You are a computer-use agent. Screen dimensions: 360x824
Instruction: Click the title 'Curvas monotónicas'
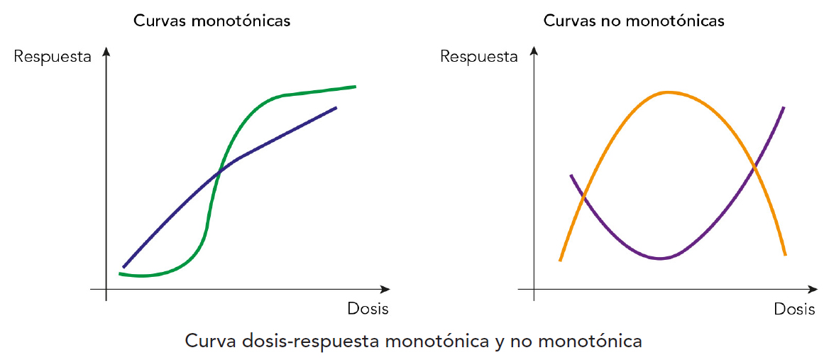tap(212, 21)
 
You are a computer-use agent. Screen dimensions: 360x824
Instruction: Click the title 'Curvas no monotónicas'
tap(634, 21)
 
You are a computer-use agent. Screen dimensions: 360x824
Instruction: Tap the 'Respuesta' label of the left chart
tap(53, 57)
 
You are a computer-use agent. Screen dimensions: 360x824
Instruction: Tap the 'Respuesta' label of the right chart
tap(479, 57)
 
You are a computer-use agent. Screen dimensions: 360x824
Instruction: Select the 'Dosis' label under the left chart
tap(368, 309)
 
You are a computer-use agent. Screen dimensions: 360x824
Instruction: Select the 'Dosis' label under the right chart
tap(794, 310)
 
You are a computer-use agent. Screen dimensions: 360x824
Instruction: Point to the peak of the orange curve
tap(667, 92)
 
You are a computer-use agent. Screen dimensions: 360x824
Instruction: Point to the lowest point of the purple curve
tap(660, 258)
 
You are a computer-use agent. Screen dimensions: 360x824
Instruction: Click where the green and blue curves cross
tap(219, 170)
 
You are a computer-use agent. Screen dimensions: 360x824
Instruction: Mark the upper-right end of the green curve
tap(354, 87)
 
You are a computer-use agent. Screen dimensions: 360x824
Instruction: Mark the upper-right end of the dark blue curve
tap(336, 107)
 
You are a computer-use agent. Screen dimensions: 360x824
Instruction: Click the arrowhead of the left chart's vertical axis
tap(106, 51)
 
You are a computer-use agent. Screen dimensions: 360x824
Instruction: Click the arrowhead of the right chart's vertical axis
tap(533, 51)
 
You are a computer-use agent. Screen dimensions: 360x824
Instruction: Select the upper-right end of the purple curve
tap(784, 108)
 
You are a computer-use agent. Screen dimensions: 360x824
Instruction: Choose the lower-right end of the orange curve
tap(785, 254)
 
